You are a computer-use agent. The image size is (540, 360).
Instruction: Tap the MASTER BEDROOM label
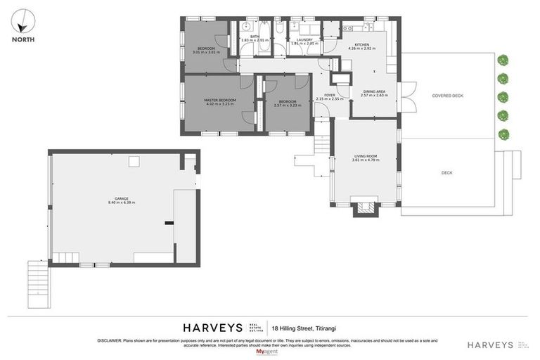pyautogui.click(x=219, y=100)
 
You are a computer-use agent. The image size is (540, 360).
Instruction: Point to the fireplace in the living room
pyautogui.click(x=365, y=207)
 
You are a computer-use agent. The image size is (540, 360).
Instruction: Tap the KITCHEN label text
pyautogui.click(x=362, y=44)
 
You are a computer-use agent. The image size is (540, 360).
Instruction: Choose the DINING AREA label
pyautogui.click(x=374, y=91)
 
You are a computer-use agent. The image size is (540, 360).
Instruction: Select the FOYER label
pyautogui.click(x=329, y=95)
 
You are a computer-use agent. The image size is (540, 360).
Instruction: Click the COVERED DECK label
pyautogui.click(x=448, y=95)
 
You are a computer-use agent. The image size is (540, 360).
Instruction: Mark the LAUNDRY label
pyautogui.click(x=304, y=40)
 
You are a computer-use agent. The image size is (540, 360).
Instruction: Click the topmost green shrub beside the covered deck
pyautogui.click(x=503, y=60)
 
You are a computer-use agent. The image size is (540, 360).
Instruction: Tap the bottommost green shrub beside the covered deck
pyautogui.click(x=503, y=134)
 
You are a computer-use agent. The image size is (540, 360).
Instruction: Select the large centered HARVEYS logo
pyautogui.click(x=212, y=327)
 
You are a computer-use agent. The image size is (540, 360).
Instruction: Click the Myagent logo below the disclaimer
pyautogui.click(x=266, y=351)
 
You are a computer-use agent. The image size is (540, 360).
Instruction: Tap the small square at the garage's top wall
pyautogui.click(x=132, y=162)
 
